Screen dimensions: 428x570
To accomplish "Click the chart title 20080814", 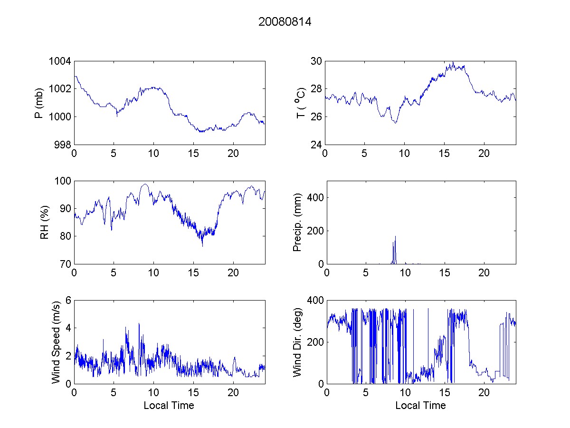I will [285, 22].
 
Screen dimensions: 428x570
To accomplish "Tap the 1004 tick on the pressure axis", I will [61, 61].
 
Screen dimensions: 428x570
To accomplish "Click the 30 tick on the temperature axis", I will [316, 61].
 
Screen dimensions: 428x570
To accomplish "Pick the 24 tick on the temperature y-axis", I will [316, 145].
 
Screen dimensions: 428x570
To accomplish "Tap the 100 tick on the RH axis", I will [63, 181].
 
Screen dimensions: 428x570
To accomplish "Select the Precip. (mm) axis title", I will [297, 222].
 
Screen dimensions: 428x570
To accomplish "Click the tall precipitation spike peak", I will [395, 236].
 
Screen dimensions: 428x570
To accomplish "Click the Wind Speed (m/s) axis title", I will [56, 342].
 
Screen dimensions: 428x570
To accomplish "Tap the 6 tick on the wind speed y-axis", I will [68, 300].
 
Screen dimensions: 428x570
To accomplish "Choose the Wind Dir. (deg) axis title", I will [297, 342].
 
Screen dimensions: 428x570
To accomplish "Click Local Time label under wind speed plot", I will [169, 405].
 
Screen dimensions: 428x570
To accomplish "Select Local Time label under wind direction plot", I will [420, 405].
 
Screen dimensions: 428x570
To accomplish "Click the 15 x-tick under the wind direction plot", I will [445, 392].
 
